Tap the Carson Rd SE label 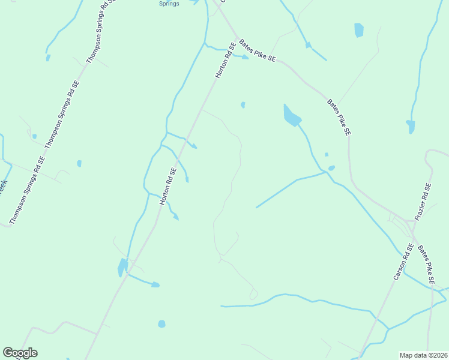point(402,262)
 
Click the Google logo point(19,353)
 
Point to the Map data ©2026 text point(423,355)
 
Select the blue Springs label point(169,4)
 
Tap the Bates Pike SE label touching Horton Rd point(257,50)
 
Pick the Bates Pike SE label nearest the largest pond point(339,117)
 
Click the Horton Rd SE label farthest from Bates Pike point(168,186)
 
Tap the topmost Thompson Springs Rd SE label point(100,30)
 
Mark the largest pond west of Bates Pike point(291,116)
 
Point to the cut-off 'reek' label point(2,186)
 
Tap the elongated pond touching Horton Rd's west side point(122,266)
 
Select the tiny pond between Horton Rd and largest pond point(243,105)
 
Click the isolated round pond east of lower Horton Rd point(161,324)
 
